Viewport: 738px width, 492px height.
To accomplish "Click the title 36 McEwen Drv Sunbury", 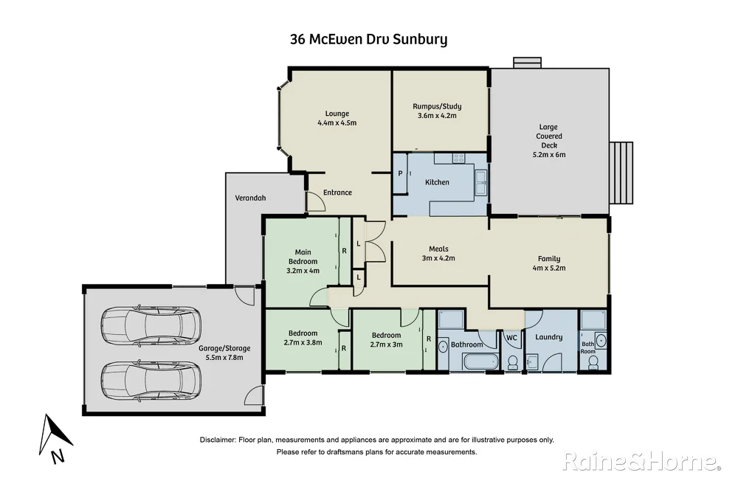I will [368, 39].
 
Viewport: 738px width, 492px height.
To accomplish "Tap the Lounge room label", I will [337, 114].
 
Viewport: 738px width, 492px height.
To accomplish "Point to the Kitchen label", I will [437, 182].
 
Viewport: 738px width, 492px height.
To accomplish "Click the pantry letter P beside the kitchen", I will [400, 173].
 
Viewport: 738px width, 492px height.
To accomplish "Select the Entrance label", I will [337, 193].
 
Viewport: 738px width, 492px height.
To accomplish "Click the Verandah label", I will [250, 198].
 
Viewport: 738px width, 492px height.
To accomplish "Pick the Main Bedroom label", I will [303, 257].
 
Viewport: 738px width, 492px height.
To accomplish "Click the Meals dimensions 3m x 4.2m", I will [438, 258].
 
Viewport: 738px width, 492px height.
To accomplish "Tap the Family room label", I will [548, 259].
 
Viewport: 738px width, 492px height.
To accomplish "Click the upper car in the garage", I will [150, 325].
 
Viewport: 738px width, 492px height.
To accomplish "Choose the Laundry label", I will [549, 337].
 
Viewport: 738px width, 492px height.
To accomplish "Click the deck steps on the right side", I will [622, 173].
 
